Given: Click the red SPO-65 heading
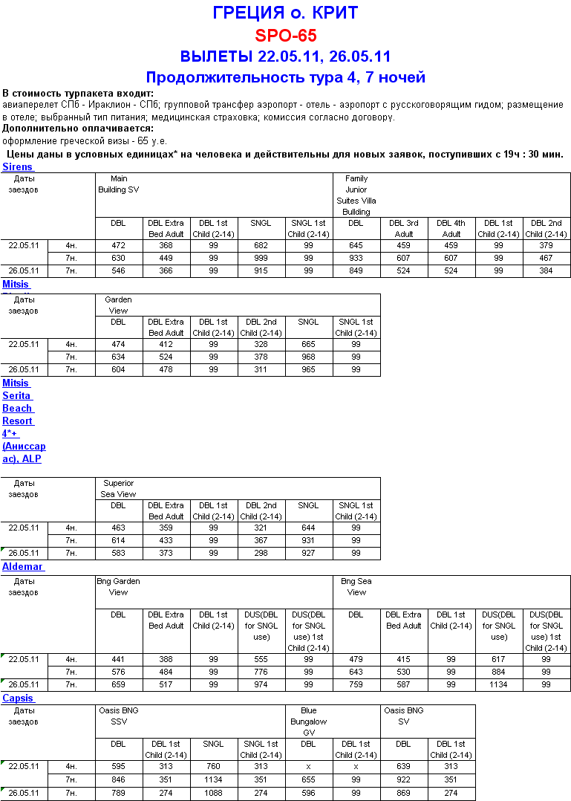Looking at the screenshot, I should [285, 35].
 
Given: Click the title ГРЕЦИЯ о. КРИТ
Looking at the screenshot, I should [285, 13].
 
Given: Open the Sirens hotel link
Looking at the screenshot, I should [17, 167].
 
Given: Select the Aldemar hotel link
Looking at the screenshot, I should [22, 567].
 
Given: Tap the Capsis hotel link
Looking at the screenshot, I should [17, 698].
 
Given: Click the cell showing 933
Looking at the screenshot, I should [356, 258].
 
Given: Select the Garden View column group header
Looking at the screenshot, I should [118, 305].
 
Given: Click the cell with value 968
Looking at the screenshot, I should [308, 357].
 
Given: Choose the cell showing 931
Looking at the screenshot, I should [308, 540].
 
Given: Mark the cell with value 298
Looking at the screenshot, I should [261, 554].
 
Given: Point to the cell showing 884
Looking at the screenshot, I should [498, 672].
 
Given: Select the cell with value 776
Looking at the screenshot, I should [261, 672].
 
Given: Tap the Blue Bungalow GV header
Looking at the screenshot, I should [308, 721].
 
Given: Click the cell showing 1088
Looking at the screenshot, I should [213, 794].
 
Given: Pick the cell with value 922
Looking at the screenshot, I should [403, 779].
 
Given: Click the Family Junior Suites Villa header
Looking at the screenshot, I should [356, 195].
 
